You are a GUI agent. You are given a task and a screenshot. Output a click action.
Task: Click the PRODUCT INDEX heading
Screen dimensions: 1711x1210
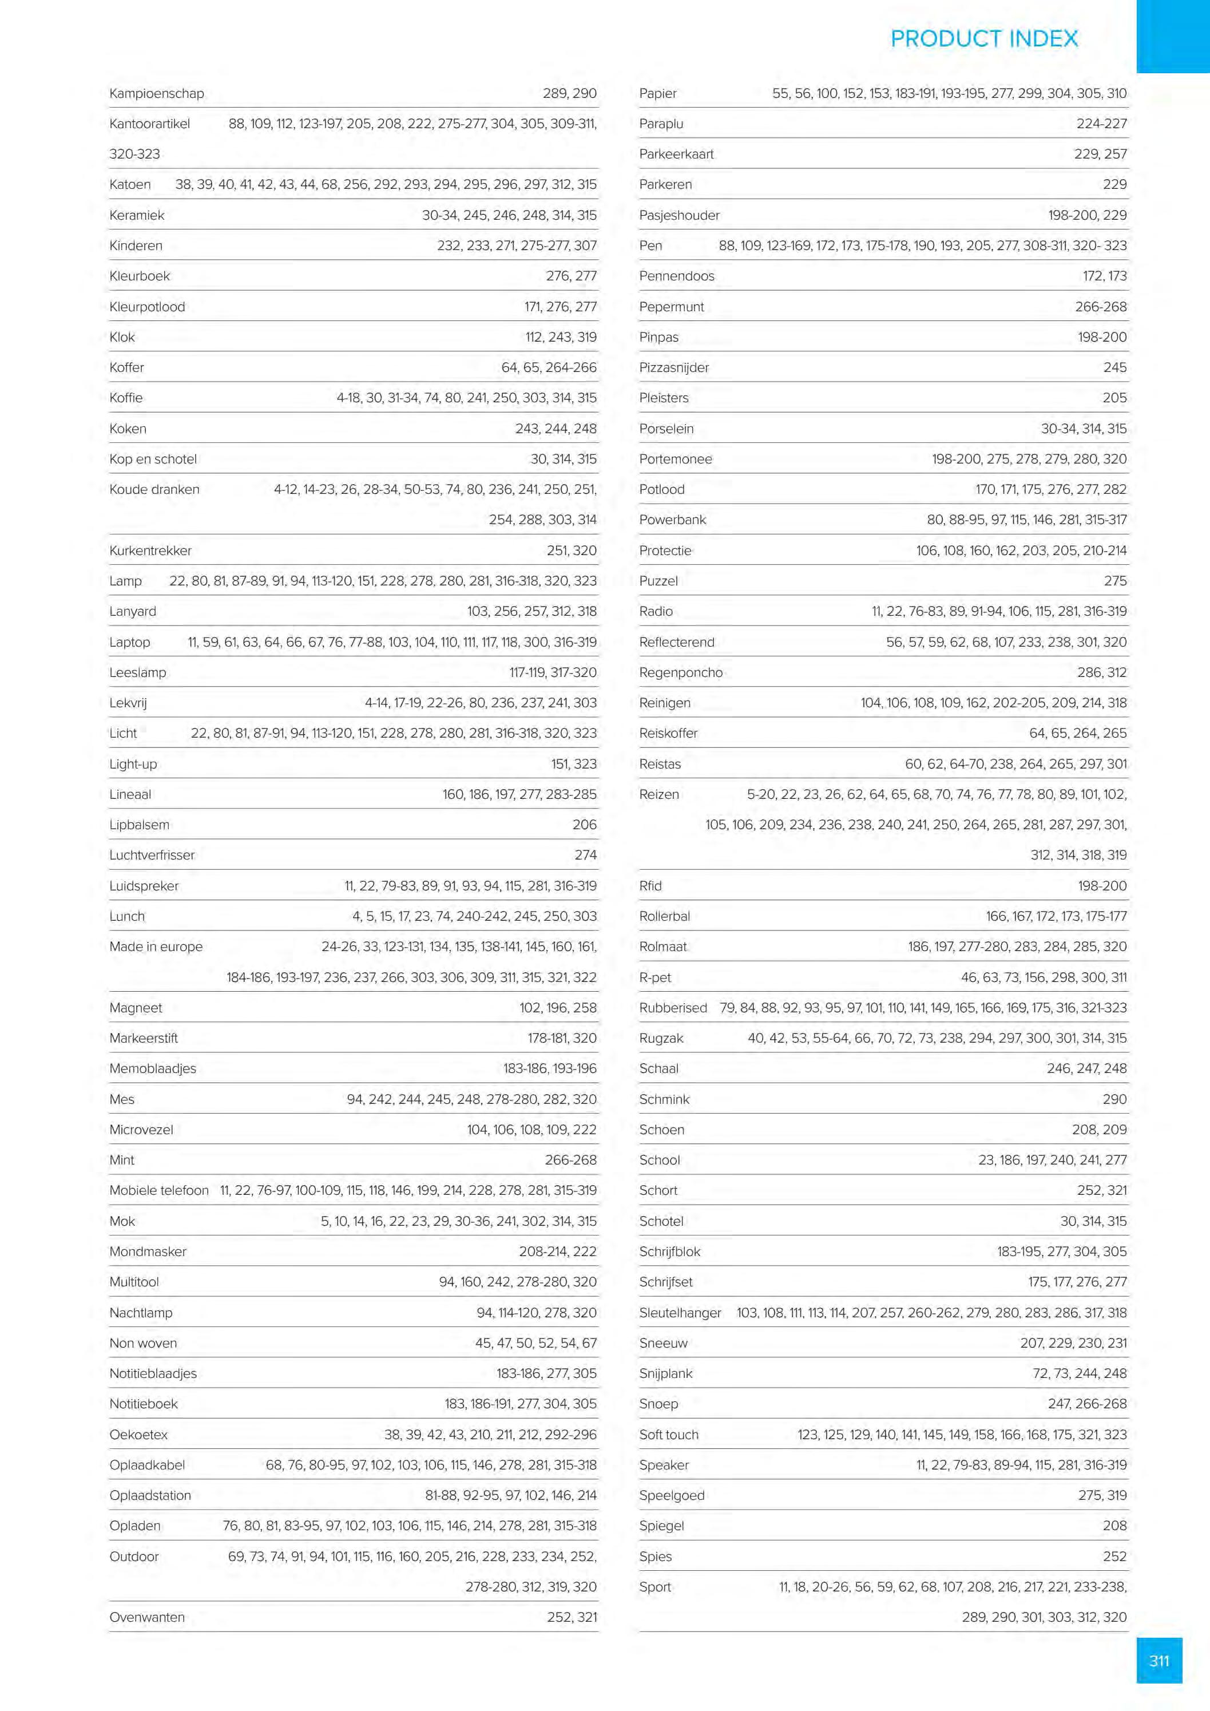click(983, 39)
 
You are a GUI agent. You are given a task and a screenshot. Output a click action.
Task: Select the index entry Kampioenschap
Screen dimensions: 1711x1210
click(156, 93)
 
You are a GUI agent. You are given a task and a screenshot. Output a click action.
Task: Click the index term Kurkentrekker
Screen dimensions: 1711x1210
click(150, 550)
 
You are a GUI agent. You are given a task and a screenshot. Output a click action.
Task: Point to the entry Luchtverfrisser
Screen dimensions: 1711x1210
click(152, 855)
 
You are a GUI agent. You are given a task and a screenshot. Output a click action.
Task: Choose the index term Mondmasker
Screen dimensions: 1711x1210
click(148, 1251)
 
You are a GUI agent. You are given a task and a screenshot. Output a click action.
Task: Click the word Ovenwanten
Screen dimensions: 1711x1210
click(147, 1617)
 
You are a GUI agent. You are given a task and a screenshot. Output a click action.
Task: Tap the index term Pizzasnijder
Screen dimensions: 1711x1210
click(673, 367)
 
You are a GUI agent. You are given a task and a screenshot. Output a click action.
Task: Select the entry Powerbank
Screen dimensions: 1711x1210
click(672, 520)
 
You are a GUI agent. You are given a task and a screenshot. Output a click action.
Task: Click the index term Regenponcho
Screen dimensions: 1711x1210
click(680, 672)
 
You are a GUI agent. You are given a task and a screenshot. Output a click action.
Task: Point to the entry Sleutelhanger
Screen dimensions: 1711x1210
click(680, 1312)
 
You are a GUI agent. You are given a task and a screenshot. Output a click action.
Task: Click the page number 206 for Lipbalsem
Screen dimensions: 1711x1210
click(584, 824)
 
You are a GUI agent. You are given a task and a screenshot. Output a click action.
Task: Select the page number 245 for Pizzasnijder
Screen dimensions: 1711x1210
click(1114, 367)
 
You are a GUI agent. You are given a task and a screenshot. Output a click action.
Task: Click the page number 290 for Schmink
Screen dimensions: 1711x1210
click(1114, 1099)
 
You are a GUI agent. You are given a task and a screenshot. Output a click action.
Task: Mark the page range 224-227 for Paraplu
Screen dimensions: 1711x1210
click(1101, 124)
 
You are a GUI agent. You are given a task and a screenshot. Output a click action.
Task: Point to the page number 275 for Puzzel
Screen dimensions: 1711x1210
click(1114, 580)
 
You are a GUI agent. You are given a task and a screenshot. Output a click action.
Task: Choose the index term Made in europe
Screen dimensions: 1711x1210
click(156, 946)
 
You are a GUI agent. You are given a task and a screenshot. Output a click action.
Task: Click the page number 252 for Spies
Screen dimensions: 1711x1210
click(1114, 1556)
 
